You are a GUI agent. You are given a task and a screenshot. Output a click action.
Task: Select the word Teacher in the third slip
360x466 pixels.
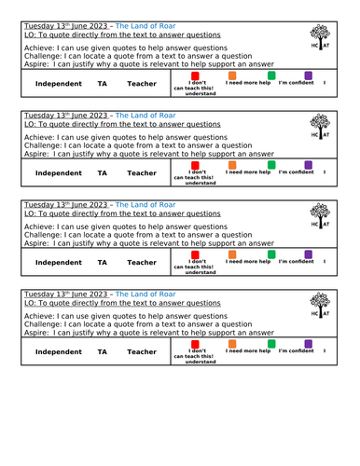(142, 263)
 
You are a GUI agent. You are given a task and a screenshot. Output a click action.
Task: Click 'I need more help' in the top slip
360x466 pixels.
(248, 83)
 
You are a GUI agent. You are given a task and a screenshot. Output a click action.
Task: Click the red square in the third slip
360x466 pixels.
(195, 254)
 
